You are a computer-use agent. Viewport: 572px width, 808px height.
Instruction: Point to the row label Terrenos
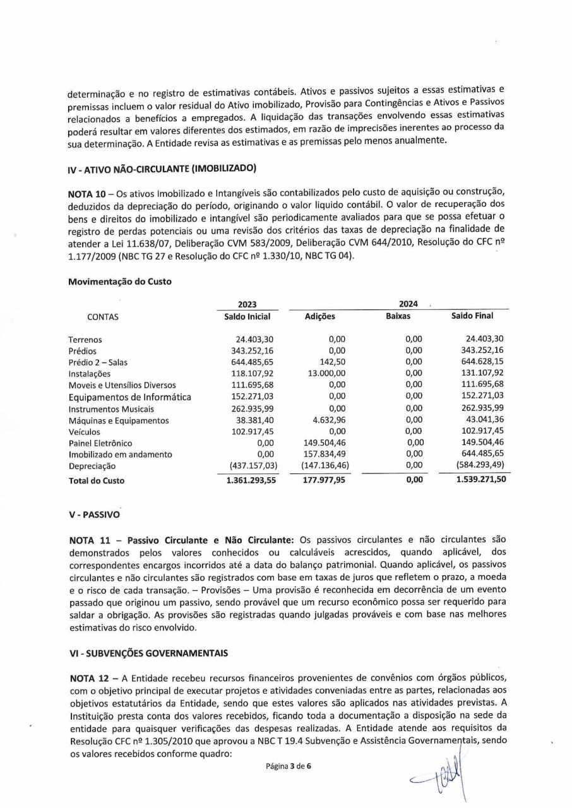85,340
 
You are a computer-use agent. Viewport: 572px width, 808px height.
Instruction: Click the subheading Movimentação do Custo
119,282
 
